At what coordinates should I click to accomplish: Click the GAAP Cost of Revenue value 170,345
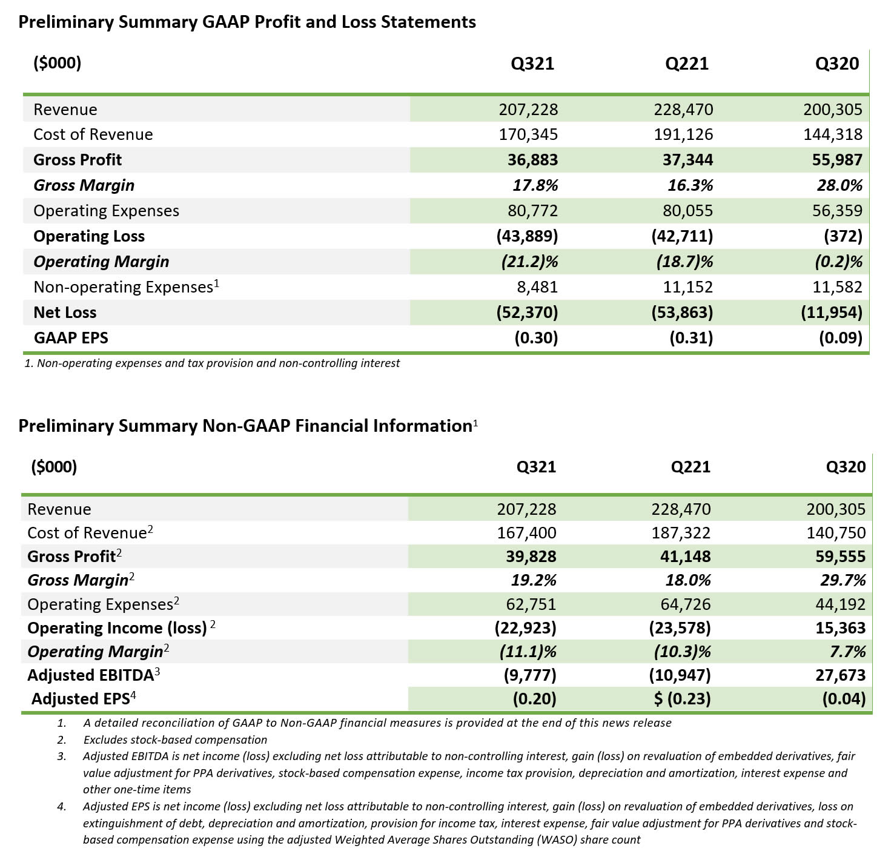(x=528, y=134)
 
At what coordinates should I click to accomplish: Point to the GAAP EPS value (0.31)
(x=691, y=338)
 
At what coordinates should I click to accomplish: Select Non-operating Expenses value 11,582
(x=833, y=287)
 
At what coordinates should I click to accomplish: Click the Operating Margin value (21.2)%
(x=529, y=262)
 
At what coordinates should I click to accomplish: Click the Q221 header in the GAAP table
(x=686, y=64)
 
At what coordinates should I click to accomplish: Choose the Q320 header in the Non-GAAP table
(x=846, y=467)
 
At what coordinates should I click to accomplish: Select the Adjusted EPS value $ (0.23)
(x=682, y=699)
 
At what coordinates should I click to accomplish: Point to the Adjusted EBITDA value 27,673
(x=840, y=675)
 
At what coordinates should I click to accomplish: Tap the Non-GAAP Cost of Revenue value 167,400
(x=526, y=533)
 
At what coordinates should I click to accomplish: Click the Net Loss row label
(x=65, y=313)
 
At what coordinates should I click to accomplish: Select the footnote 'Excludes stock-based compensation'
(x=175, y=739)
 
